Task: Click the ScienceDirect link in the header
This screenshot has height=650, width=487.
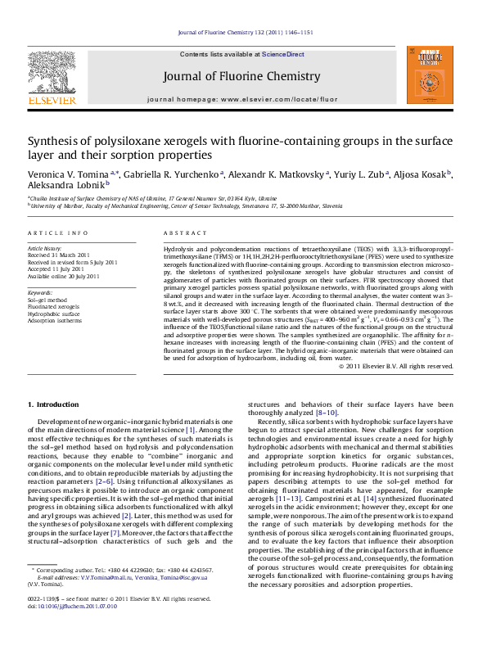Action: pyautogui.click(x=283, y=54)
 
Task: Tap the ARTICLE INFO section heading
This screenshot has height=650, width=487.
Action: pyautogui.click(x=58, y=233)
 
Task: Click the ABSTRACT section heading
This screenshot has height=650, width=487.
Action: pyautogui.click(x=183, y=233)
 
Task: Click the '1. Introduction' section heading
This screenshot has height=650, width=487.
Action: pyautogui.click(x=54, y=404)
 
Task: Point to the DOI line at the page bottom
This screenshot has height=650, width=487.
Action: pyautogui.click(x=66, y=630)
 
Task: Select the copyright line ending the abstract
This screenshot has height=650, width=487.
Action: pyautogui.click(x=395, y=366)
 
